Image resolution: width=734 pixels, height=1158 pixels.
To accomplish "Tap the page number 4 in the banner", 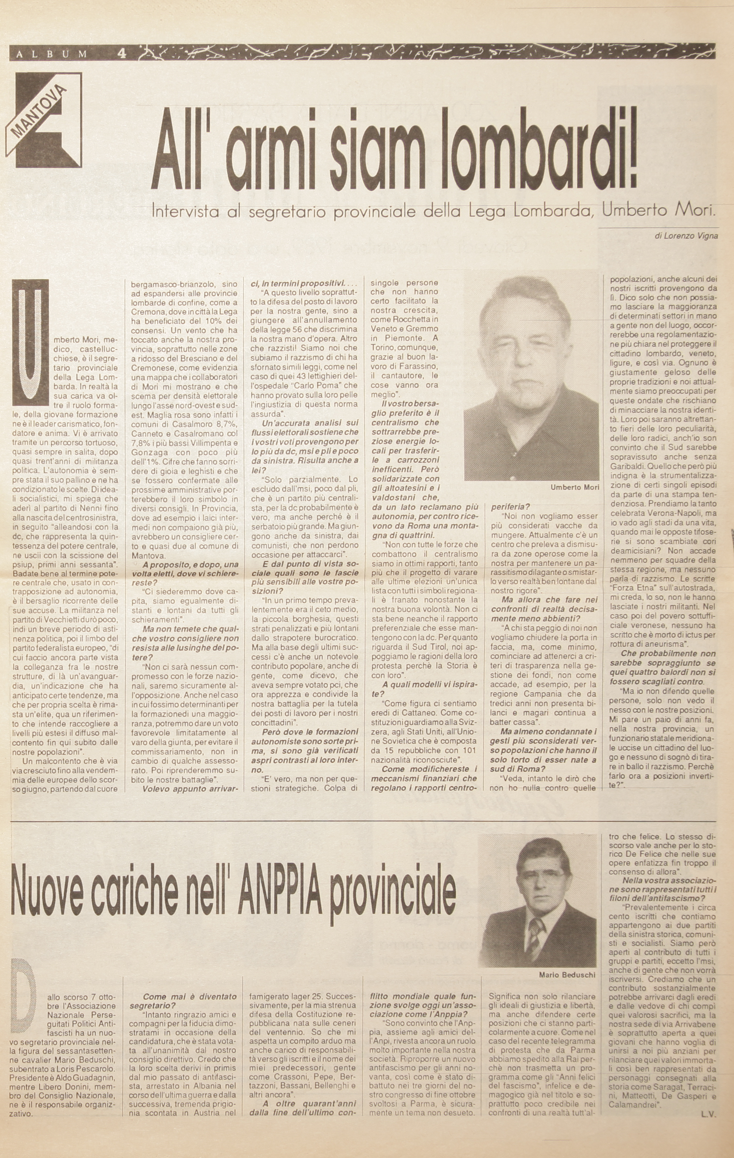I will pyautogui.click(x=121, y=54).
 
